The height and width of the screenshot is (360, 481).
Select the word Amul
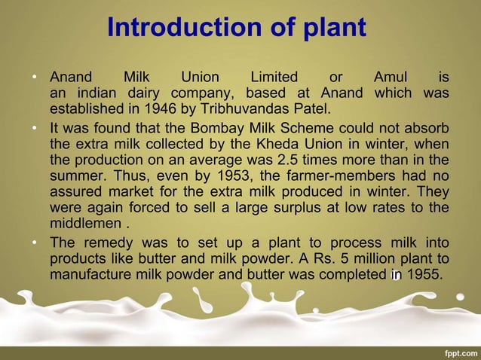391,77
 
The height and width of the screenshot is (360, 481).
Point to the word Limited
274,77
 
